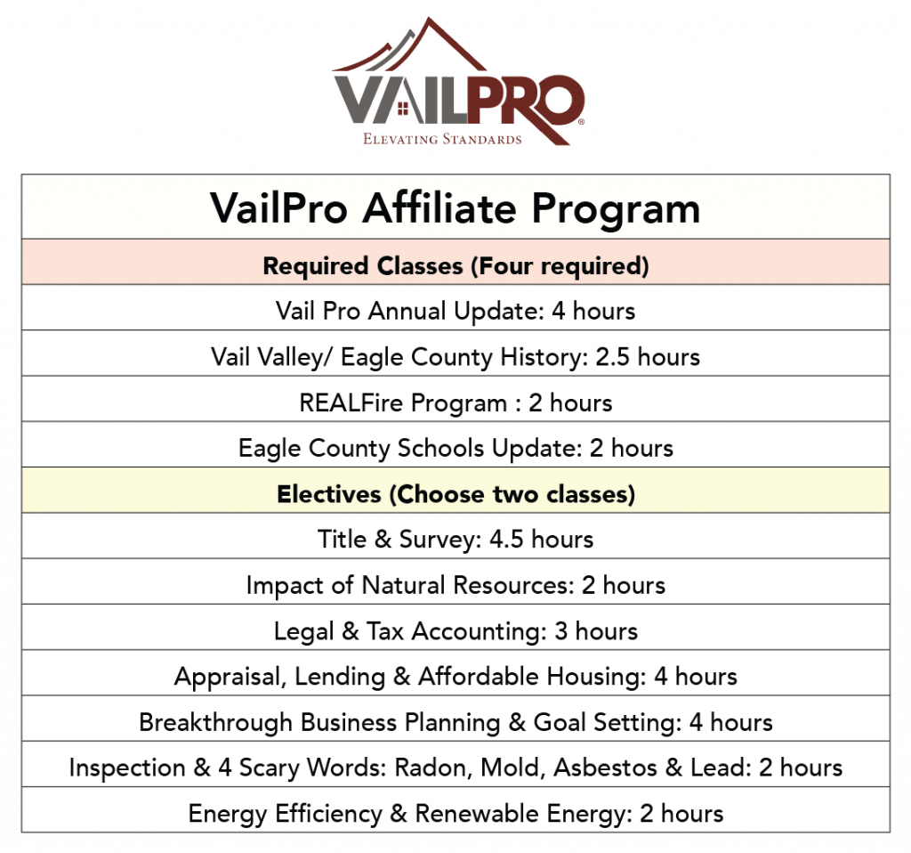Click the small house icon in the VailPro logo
[x=403, y=108]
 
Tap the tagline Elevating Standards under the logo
[x=442, y=139]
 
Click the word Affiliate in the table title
[x=439, y=207]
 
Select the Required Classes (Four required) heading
[x=455, y=265]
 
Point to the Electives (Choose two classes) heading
[x=455, y=493]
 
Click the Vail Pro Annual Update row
[x=455, y=311]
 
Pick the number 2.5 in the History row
[x=612, y=356]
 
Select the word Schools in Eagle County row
[x=440, y=448]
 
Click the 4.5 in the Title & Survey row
[x=506, y=539]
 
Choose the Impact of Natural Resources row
[x=455, y=585]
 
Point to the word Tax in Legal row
[x=384, y=631]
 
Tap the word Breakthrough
[x=215, y=722]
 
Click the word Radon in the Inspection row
[x=433, y=768]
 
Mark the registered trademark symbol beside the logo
[x=582, y=121]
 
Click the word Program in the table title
[x=616, y=209]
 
